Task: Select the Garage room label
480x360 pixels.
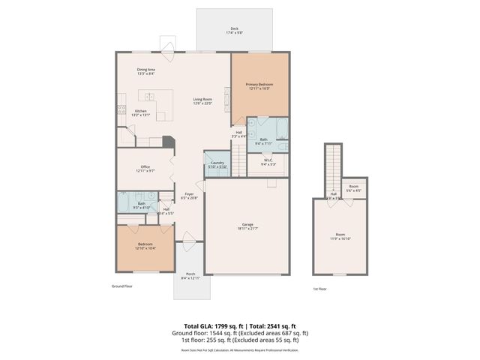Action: tap(247, 226)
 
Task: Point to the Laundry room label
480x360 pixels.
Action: tap(217, 164)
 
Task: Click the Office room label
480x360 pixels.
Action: tap(145, 169)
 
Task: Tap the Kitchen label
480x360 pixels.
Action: tap(140, 112)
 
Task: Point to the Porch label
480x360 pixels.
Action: tap(191, 276)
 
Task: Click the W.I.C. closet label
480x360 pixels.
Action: tap(268, 162)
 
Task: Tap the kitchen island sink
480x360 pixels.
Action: tap(150, 97)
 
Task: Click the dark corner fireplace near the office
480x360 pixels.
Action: tap(168, 142)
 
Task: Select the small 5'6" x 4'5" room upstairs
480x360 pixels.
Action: tap(353, 188)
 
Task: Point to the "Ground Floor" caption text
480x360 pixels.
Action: tap(123, 286)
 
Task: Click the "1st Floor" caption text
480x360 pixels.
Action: tap(320, 289)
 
